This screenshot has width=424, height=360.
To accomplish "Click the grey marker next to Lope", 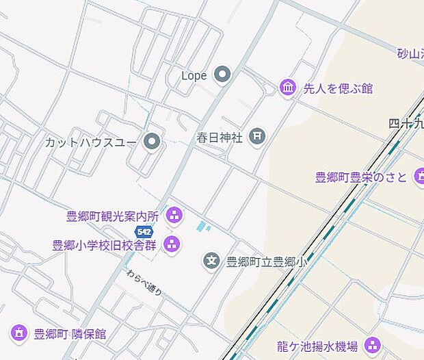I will coord(222,75).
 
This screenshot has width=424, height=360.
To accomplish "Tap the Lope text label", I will coord(194,75).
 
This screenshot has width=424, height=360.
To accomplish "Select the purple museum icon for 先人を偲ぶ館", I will coord(288,88).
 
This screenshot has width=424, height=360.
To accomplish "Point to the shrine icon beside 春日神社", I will coord(256,137).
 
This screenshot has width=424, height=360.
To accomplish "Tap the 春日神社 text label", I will coord(220,138).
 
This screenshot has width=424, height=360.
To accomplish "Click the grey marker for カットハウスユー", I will coord(152,142).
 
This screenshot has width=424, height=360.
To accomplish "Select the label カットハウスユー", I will coord(92,142).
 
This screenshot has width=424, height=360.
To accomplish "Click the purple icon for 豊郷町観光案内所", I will coord(174,216).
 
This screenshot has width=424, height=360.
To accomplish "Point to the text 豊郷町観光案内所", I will coord(112,216).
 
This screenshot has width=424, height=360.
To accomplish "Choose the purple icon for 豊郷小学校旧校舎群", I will coord(172,244).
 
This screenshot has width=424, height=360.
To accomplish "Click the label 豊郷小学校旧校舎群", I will coord(107,244).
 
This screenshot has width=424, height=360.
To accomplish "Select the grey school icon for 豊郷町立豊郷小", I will coord(211,261).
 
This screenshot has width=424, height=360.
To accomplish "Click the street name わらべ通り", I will coord(144,281).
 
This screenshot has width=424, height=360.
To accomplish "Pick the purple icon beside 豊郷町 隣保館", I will coord(19,334).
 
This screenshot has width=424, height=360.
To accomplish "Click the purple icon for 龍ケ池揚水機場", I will coord(372,346).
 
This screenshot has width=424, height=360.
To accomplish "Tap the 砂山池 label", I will coord(410,53).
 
